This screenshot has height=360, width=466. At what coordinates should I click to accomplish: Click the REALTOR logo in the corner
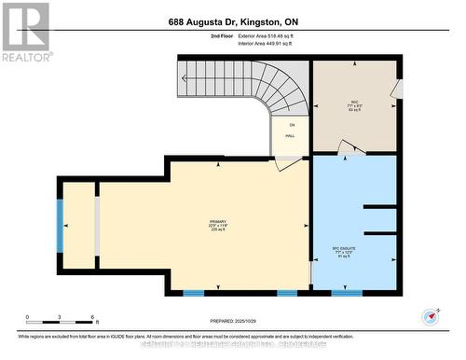tap(25, 31)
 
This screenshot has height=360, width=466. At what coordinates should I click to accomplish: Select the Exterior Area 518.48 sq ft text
tap(266, 35)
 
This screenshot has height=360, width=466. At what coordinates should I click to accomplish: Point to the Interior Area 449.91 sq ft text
tap(266, 43)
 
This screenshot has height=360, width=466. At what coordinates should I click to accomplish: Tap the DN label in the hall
tap(291, 125)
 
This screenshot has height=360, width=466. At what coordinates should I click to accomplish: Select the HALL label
tap(290, 136)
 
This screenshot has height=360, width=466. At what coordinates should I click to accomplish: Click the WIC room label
tap(354, 102)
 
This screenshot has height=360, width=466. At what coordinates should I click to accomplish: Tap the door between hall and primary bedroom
tap(289, 162)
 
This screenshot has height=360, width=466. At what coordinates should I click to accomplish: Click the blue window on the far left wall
tap(61, 225)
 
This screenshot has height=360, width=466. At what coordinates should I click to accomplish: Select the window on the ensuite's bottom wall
tap(347, 293)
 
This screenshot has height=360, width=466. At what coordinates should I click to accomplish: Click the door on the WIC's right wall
tap(397, 88)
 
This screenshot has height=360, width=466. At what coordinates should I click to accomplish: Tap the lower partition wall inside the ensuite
tap(380, 232)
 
